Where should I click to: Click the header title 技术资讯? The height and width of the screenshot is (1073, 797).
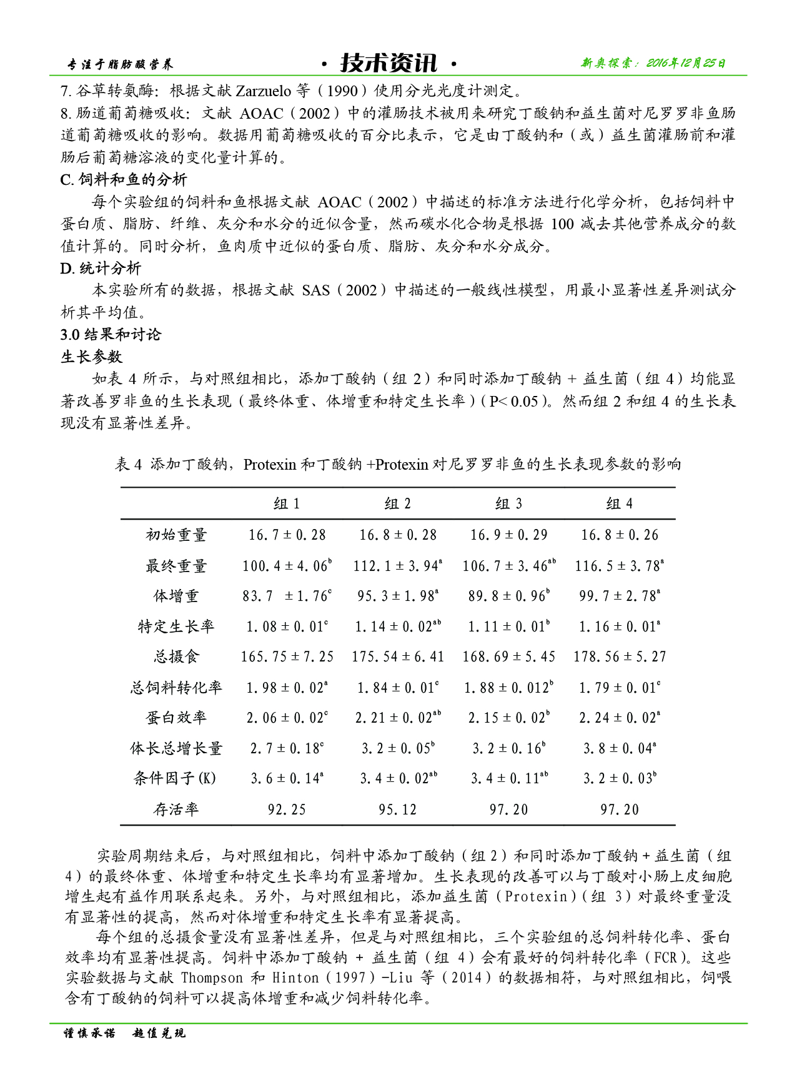388,63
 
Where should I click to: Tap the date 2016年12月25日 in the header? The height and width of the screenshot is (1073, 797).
685,63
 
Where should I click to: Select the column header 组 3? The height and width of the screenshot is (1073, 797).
508,504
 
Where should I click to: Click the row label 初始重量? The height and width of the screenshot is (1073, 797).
176,535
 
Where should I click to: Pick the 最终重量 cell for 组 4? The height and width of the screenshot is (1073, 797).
619,566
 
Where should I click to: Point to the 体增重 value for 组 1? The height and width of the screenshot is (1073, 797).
287,596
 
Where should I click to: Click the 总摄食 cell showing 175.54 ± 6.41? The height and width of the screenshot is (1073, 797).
398,657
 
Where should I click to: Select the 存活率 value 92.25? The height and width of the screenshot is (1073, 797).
287,809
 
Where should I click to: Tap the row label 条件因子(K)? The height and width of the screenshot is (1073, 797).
175,778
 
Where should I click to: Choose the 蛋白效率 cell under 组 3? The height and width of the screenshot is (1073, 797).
508,718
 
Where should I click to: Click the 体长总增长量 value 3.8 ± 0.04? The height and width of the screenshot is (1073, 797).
619,748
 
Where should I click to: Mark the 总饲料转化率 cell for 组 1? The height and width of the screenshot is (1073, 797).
287,688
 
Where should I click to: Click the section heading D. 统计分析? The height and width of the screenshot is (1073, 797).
101,269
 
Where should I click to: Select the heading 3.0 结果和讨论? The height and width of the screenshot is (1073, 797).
111,335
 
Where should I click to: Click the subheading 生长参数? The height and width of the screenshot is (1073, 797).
91,357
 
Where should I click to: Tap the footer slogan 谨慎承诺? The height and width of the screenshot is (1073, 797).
90,1034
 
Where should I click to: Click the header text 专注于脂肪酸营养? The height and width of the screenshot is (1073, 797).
120,64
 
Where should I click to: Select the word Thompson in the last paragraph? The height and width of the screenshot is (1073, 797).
212,977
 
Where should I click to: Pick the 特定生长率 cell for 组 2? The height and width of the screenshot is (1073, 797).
398,626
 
